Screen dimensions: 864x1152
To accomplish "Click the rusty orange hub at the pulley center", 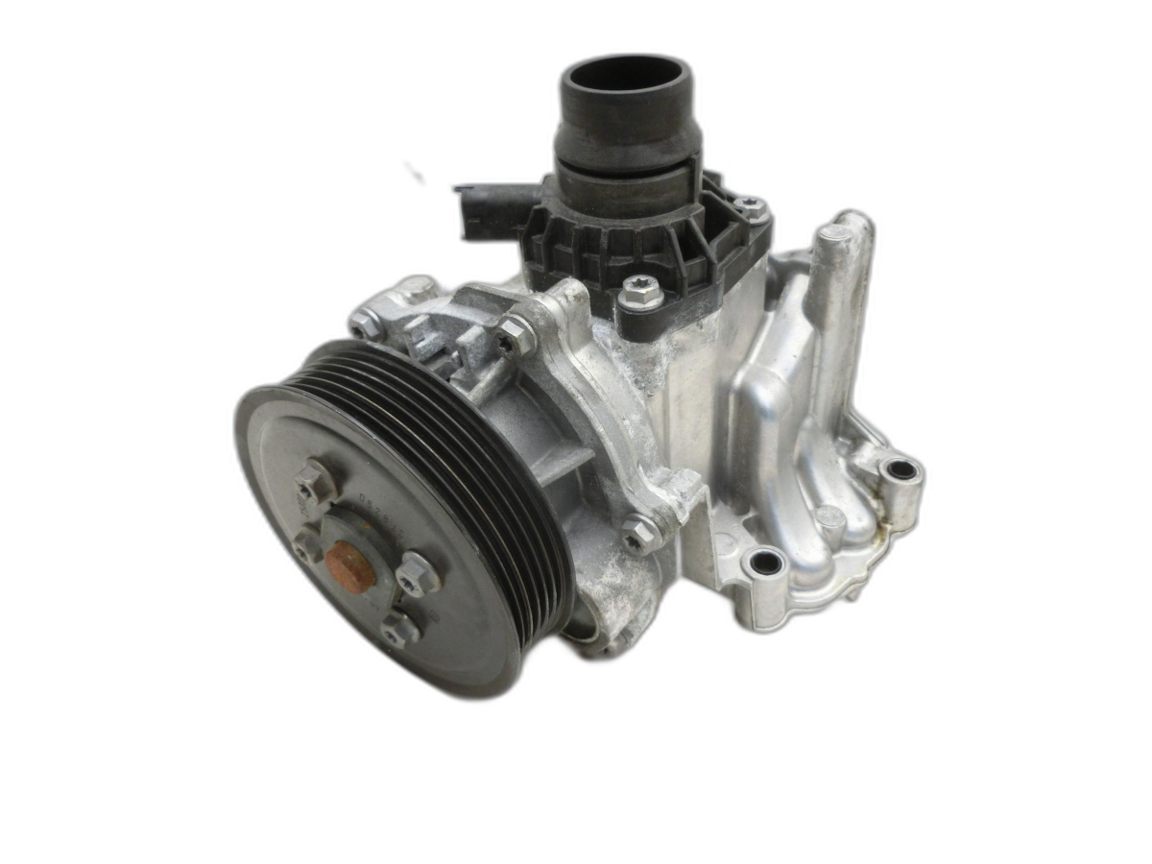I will pos(350,564).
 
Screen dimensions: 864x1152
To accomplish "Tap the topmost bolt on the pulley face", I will pos(316,482).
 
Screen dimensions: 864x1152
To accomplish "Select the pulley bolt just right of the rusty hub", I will pos(417,574).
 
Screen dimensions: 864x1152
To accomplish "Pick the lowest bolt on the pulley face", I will pos(398,630).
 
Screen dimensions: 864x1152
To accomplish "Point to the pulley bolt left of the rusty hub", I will pos(307,547).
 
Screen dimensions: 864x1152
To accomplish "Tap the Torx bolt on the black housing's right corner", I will pos(750,208).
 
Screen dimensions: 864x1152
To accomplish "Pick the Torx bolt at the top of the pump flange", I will pos(515,333).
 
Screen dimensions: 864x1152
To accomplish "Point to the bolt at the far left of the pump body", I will pos(364,322).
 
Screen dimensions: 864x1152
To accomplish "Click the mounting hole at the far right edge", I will pos(901,470).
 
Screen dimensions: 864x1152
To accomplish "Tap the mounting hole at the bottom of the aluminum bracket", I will pos(765,564).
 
